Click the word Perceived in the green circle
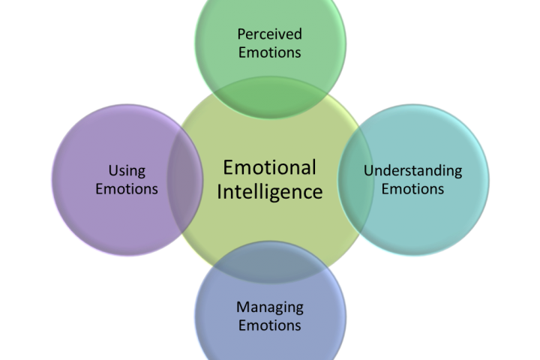269,34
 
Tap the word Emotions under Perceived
269,52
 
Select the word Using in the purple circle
127,171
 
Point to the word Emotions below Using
127,188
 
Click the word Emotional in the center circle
269,167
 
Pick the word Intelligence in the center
269,192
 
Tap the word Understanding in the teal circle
412,170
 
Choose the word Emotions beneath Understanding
412,188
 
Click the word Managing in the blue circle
269,307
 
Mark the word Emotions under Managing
269,325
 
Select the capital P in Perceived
241,34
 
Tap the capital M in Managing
241,307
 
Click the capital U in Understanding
367,170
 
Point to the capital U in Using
112,171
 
